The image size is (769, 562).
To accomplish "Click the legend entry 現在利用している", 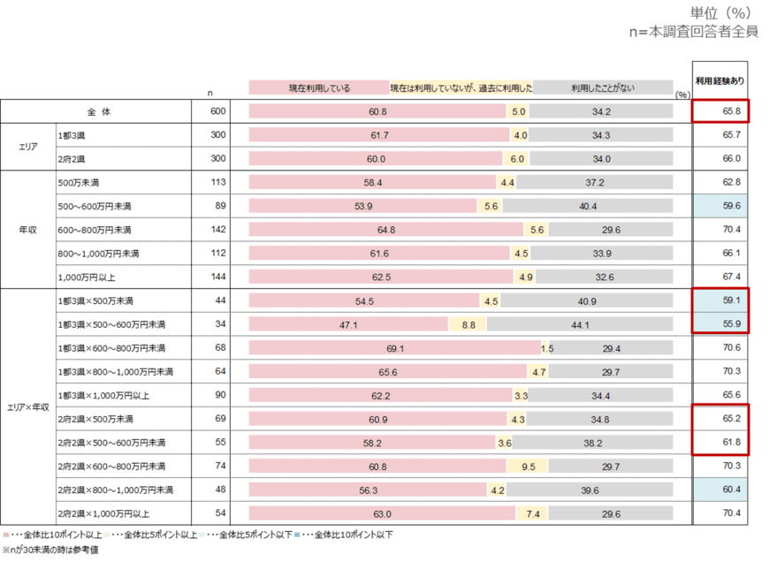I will [319, 88].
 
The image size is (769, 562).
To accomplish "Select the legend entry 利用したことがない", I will [601, 88].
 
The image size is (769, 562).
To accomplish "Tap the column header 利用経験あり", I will [720, 81].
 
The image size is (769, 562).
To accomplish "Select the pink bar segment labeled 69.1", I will [393, 349].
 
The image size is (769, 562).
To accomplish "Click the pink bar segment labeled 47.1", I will [348, 325].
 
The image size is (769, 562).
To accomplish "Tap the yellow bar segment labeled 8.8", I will [468, 325].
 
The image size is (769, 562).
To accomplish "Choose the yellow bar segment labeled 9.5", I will [528, 465].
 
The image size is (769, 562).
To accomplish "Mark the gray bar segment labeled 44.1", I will [579, 325].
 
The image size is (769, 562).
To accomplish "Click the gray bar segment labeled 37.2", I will [594, 183].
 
